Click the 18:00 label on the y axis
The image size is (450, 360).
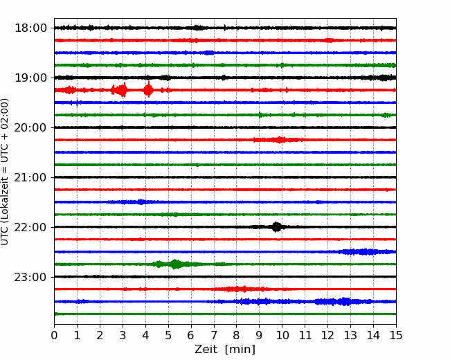point(30,28)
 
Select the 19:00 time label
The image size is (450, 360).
point(30,78)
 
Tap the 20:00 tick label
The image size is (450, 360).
point(30,127)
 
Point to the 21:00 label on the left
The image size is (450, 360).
point(30,177)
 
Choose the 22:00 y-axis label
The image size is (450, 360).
point(30,227)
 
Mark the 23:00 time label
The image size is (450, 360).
point(30,277)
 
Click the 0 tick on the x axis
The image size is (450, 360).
point(54,335)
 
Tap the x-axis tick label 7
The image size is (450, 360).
point(213,335)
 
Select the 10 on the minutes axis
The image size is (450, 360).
point(282,335)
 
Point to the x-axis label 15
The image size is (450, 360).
point(396,335)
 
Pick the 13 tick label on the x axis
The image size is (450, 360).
point(350,335)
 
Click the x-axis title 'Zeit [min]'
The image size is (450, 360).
point(225,350)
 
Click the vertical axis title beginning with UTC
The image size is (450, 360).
point(5,172)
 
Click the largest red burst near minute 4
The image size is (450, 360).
point(148,90)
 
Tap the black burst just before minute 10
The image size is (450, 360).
point(276,227)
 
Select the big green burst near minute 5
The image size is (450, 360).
point(175,264)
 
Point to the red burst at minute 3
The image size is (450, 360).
point(122,90)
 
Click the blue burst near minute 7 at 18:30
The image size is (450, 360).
point(209,53)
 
